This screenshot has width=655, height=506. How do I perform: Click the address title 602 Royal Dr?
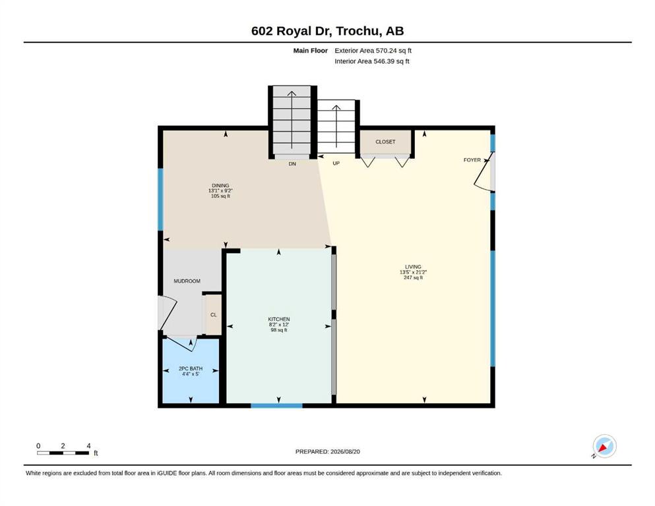(x=292, y=31)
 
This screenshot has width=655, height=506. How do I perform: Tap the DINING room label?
(x=220, y=186)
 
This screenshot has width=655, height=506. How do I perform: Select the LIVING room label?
(x=413, y=267)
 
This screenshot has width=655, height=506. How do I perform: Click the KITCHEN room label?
(x=279, y=319)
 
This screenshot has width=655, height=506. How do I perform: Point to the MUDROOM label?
(x=187, y=281)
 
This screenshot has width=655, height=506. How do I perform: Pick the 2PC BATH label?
(x=191, y=369)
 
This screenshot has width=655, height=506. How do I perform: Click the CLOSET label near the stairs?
(x=385, y=142)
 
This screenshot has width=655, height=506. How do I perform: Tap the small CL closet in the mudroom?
(x=214, y=315)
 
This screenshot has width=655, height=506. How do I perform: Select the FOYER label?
(x=472, y=159)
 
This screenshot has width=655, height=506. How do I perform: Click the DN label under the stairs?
(x=292, y=164)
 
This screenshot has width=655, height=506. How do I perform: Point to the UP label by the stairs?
(x=336, y=163)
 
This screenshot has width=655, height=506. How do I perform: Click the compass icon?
(x=604, y=446)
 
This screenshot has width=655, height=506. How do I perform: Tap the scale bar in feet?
(x=63, y=453)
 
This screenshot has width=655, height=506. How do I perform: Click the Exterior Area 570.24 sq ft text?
(x=373, y=51)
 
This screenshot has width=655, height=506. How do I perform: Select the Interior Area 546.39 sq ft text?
(x=372, y=61)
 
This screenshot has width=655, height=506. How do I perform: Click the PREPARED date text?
(x=327, y=451)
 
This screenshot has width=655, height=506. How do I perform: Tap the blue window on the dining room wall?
(x=160, y=200)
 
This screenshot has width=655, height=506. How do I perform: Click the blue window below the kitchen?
(x=276, y=405)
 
